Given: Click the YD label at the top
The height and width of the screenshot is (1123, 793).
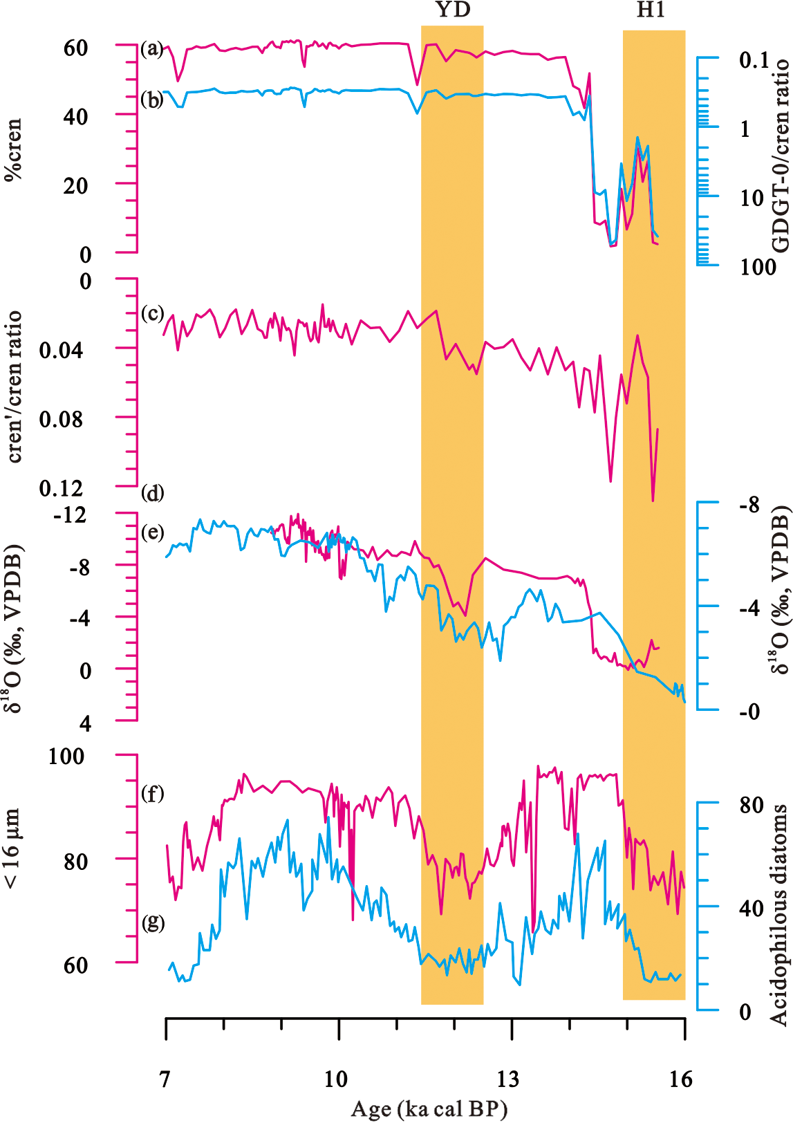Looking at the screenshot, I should [453, 10].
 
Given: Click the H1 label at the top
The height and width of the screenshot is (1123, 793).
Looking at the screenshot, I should [651, 10].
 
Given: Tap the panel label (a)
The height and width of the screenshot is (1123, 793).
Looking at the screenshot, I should [152, 49].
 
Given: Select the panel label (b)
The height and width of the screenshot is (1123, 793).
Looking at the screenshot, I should [152, 100].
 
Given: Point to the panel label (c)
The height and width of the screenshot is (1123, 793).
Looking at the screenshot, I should [152, 313].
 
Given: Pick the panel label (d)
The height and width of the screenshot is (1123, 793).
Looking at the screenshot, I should [152, 493].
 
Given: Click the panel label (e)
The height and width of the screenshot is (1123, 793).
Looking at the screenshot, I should [152, 532].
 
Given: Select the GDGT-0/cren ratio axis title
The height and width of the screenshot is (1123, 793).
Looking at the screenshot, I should [780, 156].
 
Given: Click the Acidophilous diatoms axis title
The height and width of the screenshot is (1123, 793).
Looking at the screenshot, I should [779, 914].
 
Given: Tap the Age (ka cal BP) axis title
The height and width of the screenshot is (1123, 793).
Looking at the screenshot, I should [429, 1109].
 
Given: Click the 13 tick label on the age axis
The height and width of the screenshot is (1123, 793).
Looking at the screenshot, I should [508, 1079].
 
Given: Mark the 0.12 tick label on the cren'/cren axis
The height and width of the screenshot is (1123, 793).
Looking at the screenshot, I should [61, 488].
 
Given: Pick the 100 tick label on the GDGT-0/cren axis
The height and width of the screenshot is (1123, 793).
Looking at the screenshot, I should [758, 267].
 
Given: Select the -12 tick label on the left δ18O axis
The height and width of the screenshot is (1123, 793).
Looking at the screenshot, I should [70, 515].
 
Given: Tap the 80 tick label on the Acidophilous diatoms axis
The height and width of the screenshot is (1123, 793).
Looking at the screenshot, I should [751, 805].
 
